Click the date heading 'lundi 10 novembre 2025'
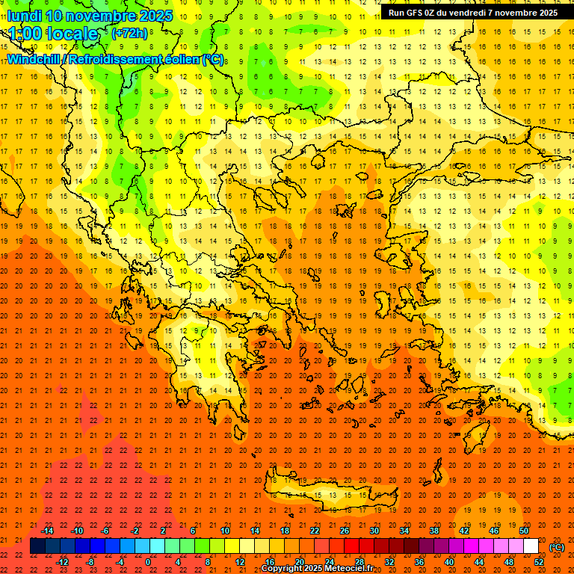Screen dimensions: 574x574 coord(90,16)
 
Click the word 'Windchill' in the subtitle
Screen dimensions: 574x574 coord(34,59)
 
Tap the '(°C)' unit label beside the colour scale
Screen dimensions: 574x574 coord(557,547)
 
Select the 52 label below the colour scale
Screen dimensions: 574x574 coord(539,562)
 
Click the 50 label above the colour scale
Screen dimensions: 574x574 coord(524,531)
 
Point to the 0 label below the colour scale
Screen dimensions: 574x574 coord(148,562)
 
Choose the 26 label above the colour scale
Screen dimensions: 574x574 coord(345,531)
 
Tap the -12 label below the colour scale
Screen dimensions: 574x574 coord(62,562)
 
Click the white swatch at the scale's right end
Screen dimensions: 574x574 coord(531,546)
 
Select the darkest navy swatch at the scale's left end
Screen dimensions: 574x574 coord(37,546)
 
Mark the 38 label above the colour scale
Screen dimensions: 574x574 coord(434,531)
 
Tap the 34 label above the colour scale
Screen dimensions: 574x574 coord(404,531)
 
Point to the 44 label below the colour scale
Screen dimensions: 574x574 coord(479,562)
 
